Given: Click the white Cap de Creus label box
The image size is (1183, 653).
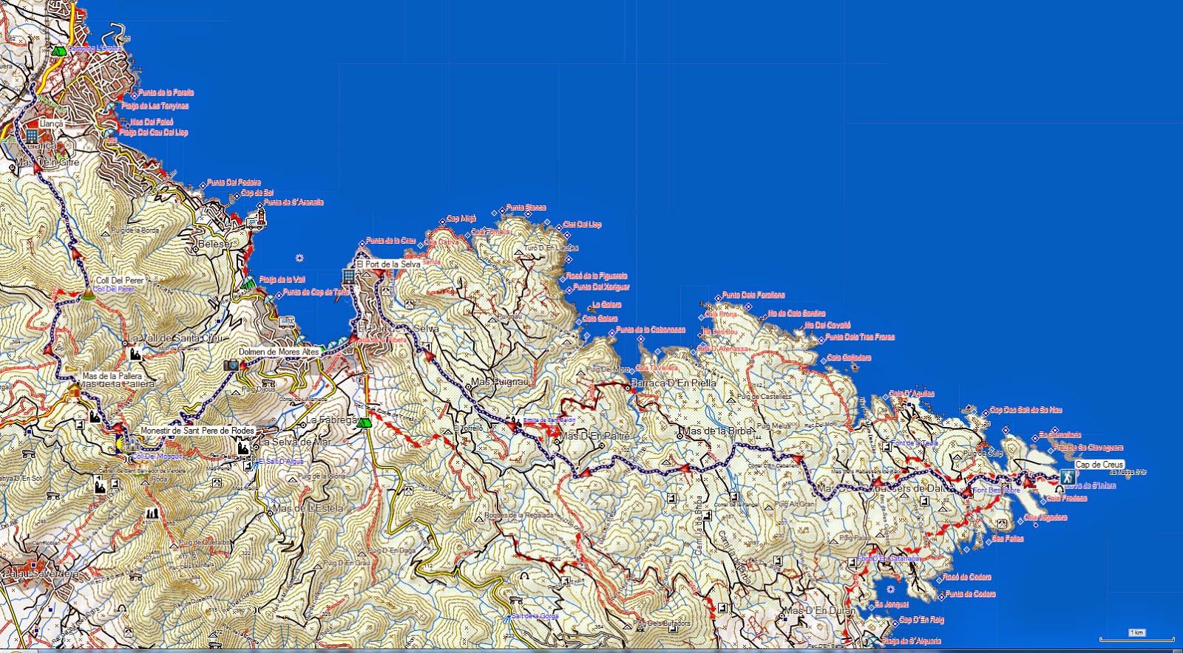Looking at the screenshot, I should coord(1099,465).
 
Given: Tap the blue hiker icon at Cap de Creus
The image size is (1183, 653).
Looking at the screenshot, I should coord(1067,476).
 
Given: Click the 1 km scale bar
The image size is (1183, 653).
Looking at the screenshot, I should coord(1136,637).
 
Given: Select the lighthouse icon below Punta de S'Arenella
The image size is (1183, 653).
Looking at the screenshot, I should coord(260,216).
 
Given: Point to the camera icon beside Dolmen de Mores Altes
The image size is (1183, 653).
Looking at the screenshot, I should coord(231,365).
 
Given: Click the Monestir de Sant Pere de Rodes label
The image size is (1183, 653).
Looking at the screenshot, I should coord(197,431).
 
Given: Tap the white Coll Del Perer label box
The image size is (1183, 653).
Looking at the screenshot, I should coord(120,281).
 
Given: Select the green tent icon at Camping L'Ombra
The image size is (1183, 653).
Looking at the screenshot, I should coord(58,51).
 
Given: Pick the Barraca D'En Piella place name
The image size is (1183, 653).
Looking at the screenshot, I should coord(673,383).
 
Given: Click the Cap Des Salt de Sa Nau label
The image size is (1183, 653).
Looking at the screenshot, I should coord(1026,410).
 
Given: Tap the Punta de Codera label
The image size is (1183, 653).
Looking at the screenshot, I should coord(970,594).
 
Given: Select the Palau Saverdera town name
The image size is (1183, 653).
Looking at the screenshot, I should coord(41,574).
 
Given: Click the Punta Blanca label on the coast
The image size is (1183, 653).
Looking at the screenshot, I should coord(526,208).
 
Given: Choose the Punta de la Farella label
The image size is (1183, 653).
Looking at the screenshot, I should coord(166,93).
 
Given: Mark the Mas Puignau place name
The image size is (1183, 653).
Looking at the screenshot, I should coord(500,382).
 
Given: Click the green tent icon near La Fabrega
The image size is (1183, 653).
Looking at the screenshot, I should coord(363,423).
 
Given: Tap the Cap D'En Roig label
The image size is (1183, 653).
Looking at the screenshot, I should coord(921,620).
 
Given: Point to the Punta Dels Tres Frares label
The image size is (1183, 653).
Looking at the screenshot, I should coord(860,337).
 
